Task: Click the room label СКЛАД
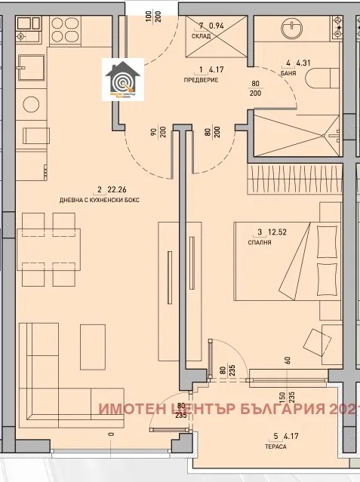pos(202,35)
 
